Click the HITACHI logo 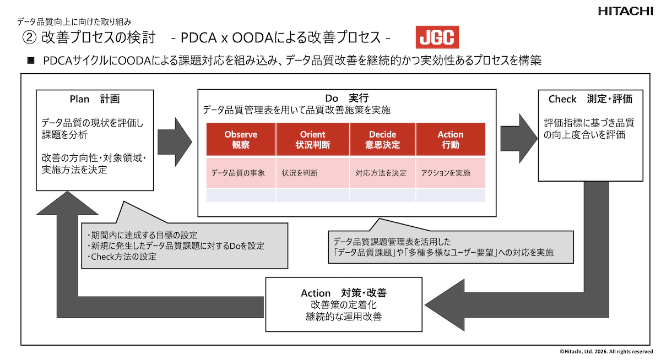[626, 11]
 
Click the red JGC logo [437, 37]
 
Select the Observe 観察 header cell [241, 139]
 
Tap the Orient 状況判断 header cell [312, 139]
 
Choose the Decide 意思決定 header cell [383, 139]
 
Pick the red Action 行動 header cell [451, 139]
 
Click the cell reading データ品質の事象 [239, 173]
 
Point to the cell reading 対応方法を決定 [381, 173]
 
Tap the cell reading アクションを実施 [446, 173]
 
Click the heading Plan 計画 [95, 99]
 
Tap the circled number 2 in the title [29, 38]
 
